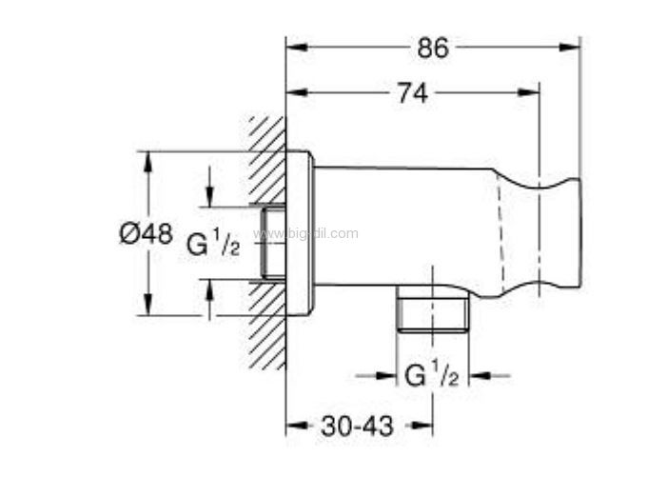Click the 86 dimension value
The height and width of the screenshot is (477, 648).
tap(433, 48)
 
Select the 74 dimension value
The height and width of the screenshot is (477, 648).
tap(412, 93)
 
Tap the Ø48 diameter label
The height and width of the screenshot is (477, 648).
tap(146, 234)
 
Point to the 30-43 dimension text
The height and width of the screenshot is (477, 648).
tap(357, 427)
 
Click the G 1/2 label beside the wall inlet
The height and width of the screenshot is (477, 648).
tap(213, 244)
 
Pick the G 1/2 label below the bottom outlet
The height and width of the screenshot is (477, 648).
tap(432, 374)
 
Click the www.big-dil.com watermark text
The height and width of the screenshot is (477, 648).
tap(306, 234)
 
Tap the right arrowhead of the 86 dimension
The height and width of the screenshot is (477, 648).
tap(569, 47)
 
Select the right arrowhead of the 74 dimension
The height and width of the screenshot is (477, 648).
tap(528, 92)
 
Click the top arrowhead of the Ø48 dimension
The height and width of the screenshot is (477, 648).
tap(147, 163)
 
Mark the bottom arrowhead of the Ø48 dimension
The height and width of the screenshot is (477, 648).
tap(147, 305)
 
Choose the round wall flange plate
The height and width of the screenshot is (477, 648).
tap(300, 233)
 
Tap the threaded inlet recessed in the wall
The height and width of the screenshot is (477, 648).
tap(273, 242)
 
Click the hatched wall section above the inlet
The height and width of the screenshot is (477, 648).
tap(267, 160)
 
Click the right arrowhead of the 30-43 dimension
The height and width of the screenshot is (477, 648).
tap(422, 426)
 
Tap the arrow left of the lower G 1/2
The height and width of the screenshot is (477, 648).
tap(385, 376)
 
